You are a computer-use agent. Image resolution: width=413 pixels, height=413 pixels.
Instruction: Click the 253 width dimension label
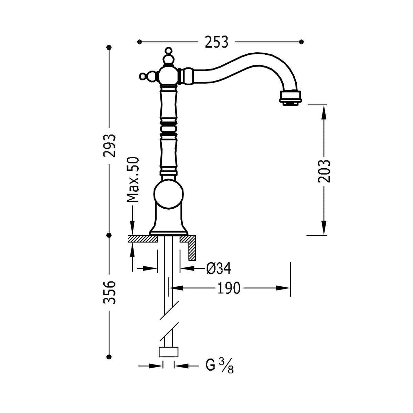click(x=217, y=42)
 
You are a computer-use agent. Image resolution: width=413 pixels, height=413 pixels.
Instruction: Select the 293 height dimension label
click(x=109, y=145)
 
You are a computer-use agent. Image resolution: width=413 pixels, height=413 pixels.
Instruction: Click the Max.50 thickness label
click(x=133, y=179)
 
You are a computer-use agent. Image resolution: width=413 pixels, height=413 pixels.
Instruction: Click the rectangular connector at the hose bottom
click(x=169, y=352)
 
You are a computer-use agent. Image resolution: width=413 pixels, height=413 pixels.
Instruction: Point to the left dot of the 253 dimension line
click(x=139, y=42)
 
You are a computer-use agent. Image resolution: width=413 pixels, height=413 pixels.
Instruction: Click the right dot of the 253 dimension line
click(x=302, y=42)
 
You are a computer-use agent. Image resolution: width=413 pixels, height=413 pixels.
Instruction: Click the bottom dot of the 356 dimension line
click(x=109, y=357)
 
